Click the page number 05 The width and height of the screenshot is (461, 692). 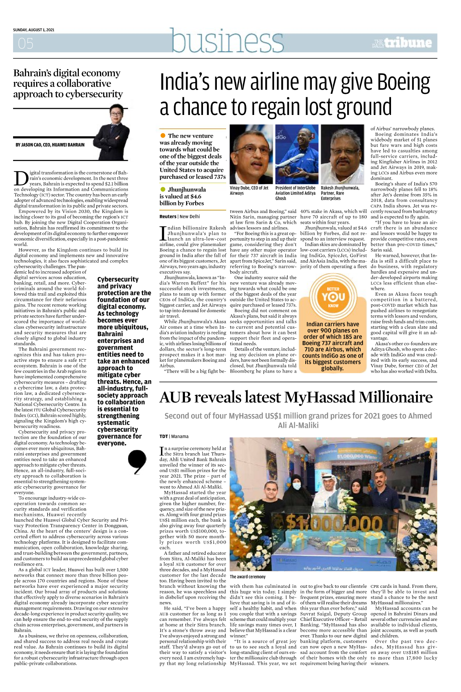25,43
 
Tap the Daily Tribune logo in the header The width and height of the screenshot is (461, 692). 402,43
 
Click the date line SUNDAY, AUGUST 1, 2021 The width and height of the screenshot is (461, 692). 33,30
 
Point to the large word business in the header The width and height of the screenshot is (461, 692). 227,41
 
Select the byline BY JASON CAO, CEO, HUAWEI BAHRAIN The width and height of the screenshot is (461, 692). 50,145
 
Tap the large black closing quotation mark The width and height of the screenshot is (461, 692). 137,462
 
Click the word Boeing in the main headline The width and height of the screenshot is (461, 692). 403,82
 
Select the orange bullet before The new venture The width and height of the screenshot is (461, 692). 163,135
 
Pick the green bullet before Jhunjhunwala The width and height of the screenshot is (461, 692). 163,189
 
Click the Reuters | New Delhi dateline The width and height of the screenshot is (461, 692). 180,216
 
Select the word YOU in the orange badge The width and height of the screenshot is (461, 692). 333,297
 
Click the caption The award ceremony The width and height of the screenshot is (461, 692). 248,577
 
